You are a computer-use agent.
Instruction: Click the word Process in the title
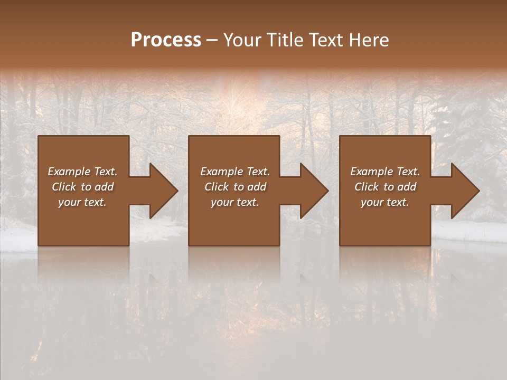click(x=166, y=40)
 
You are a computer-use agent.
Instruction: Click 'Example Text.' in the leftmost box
click(x=82, y=172)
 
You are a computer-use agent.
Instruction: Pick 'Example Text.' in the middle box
click(x=235, y=172)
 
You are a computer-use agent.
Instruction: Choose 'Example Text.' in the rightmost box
click(x=385, y=172)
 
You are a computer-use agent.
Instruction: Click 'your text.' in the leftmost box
click(x=82, y=202)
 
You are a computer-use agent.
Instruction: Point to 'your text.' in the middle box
click(x=235, y=202)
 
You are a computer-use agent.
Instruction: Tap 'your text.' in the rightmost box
click(x=385, y=202)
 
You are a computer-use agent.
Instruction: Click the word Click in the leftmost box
click(x=64, y=187)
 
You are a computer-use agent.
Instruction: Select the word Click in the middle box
click(x=217, y=187)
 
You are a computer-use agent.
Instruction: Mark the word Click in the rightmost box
click(x=367, y=187)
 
